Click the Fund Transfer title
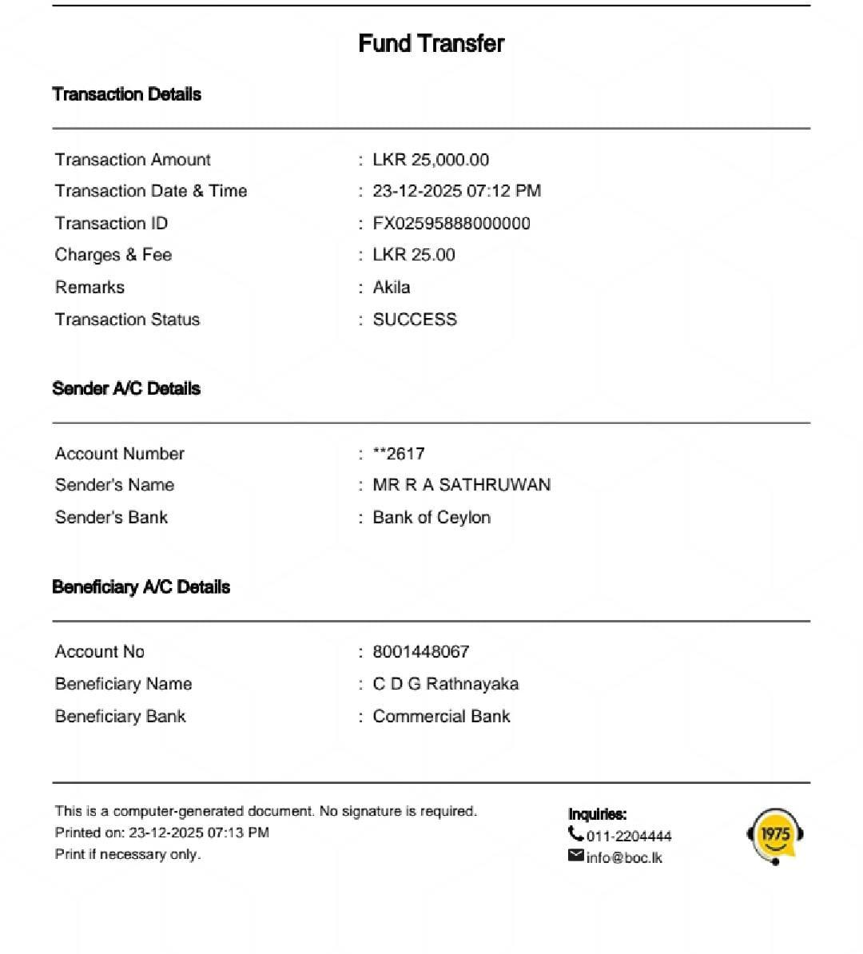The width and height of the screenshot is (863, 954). click(431, 43)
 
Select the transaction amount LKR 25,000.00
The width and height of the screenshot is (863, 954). click(431, 160)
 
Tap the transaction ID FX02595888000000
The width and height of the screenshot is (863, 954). click(451, 224)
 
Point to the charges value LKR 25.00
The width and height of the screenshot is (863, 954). click(414, 255)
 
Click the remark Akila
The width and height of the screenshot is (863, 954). click(392, 288)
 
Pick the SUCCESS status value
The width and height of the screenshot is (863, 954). click(415, 320)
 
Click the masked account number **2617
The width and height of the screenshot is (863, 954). click(399, 454)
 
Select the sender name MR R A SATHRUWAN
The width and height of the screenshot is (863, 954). click(461, 485)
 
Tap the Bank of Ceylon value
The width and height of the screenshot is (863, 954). click(431, 518)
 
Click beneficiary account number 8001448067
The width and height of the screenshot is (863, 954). click(421, 652)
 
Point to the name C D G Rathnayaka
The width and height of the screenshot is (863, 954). click(445, 684)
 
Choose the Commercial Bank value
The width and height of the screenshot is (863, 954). click(441, 717)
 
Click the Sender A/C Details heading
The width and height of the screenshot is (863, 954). click(126, 389)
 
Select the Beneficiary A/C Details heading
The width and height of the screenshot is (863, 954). click(141, 587)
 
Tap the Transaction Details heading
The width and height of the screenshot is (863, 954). click(126, 94)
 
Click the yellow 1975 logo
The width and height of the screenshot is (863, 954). click(774, 836)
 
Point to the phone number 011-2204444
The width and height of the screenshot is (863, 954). click(629, 837)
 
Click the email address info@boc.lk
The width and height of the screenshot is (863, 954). click(624, 858)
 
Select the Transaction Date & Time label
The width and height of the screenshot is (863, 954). click(151, 191)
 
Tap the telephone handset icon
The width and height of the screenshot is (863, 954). click(575, 834)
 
